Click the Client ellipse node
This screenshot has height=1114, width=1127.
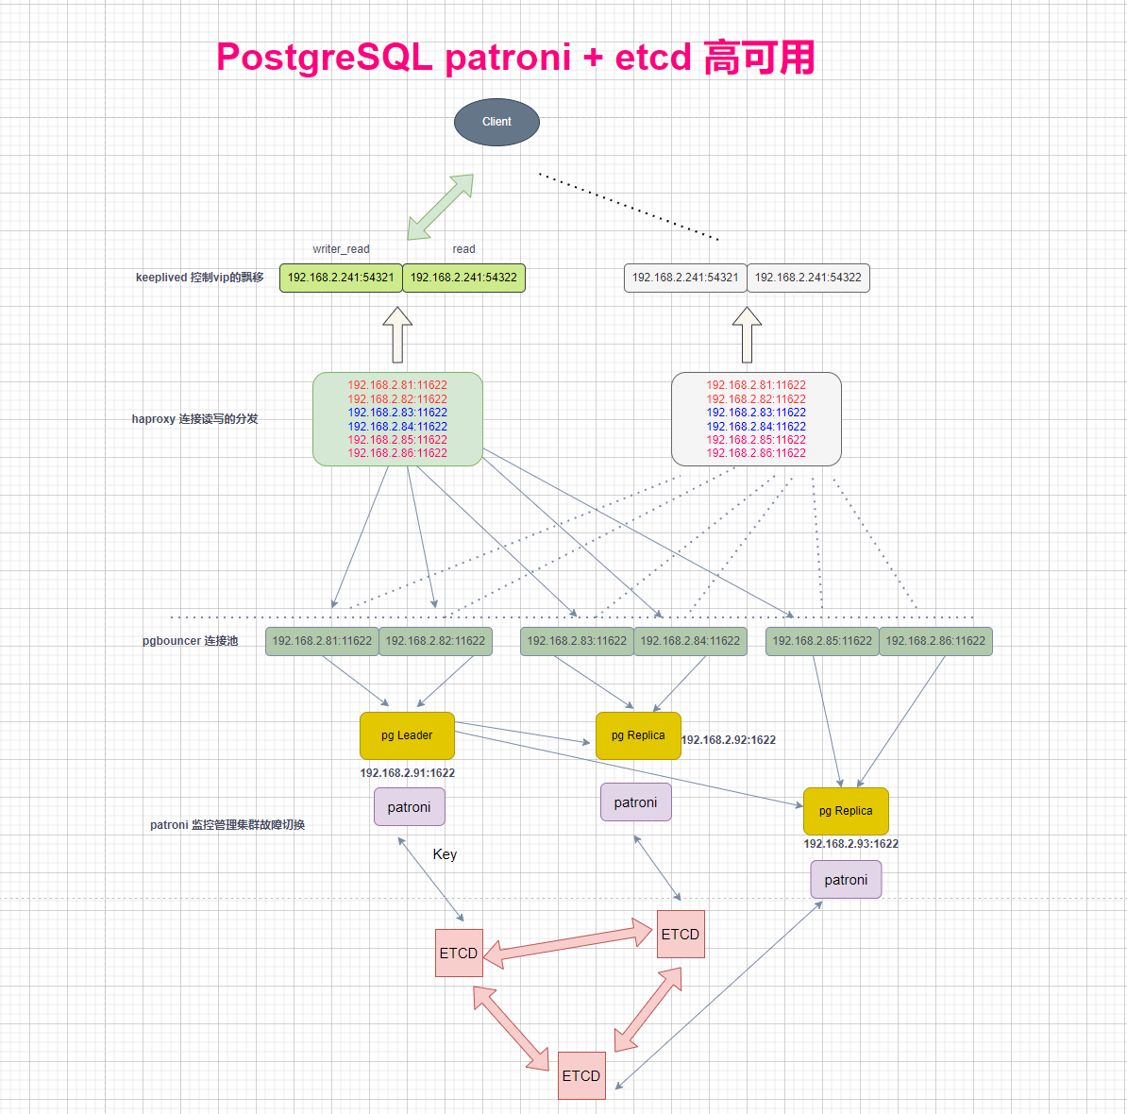(496, 122)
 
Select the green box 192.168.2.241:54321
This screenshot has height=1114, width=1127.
(341, 278)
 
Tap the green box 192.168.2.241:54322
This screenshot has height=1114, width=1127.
(463, 278)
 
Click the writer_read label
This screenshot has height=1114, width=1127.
(341, 249)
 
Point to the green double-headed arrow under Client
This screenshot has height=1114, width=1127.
(440, 207)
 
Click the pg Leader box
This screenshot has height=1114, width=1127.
(407, 735)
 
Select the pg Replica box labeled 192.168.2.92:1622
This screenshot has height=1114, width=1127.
(638, 735)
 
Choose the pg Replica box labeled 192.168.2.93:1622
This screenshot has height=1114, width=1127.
(846, 811)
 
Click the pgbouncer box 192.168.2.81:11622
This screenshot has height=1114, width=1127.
(322, 641)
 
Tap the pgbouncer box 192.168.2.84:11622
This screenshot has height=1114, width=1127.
(690, 641)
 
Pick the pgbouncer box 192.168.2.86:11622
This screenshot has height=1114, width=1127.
(935, 641)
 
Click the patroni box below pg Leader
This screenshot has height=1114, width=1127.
(409, 807)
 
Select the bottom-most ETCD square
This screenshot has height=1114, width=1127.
(581, 1075)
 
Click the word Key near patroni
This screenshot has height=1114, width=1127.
(445, 854)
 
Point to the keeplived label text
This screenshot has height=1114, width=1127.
(199, 278)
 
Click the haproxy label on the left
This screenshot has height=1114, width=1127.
(194, 419)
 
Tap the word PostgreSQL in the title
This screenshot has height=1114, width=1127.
(324, 58)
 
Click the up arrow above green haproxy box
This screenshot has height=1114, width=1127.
(397, 335)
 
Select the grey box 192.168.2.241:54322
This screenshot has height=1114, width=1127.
(808, 278)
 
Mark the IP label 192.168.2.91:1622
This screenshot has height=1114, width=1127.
(407, 773)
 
